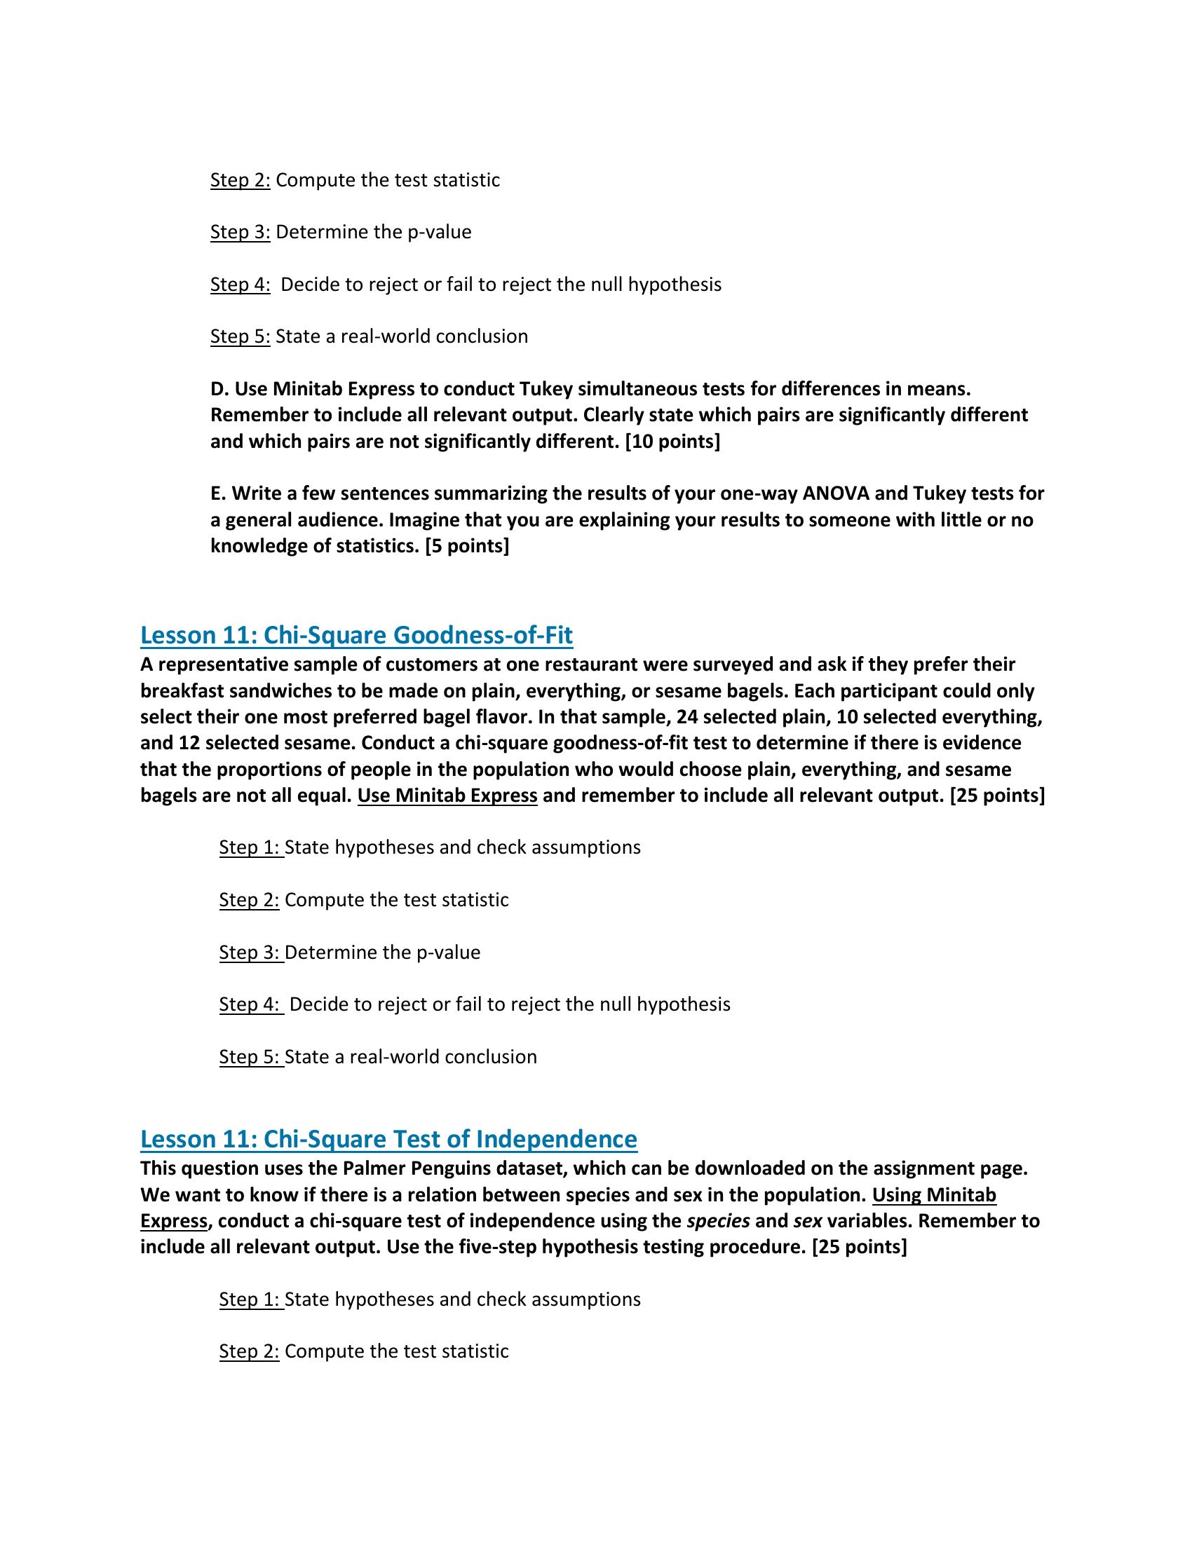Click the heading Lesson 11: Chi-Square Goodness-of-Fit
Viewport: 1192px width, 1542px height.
point(356,636)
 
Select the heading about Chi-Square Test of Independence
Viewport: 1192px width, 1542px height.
point(388,1139)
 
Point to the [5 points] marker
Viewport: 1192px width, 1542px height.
point(467,546)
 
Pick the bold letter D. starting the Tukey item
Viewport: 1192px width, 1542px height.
point(219,389)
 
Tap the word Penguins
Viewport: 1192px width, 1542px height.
point(449,1168)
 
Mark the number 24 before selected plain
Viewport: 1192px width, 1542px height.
point(686,717)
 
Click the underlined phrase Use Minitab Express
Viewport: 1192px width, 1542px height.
point(447,796)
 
